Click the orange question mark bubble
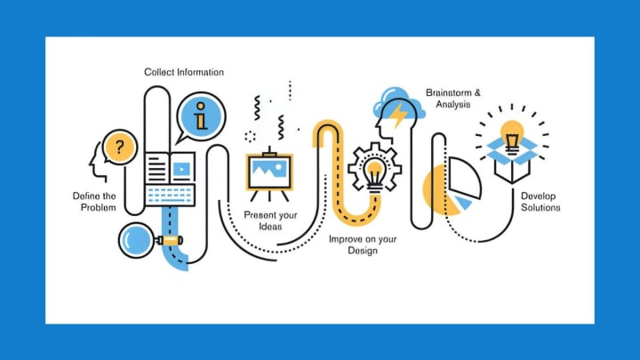(119, 146)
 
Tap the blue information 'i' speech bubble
(201, 116)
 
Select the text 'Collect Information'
(184, 72)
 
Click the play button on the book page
(181, 166)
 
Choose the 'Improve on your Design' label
(363, 244)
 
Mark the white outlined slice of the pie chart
(465, 178)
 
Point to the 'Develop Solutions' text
(540, 201)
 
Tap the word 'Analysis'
(453, 104)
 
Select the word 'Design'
(363, 251)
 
